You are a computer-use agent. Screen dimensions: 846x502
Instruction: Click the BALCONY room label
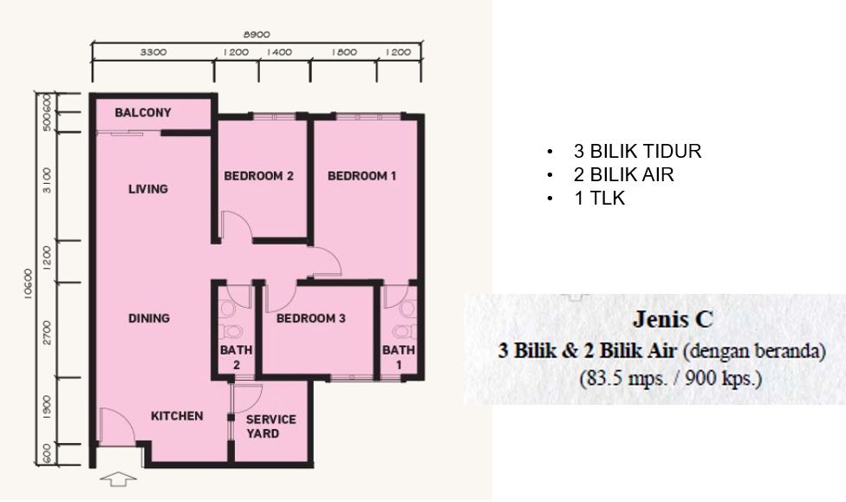coord(143,113)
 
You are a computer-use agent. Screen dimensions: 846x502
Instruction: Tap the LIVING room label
coord(148,189)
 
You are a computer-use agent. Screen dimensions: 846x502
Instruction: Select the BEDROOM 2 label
coord(258,176)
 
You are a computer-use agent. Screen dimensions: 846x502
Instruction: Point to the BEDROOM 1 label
coord(362,176)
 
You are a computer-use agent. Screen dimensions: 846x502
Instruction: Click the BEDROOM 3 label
coord(311,318)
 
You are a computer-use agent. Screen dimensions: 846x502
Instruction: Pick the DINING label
coord(149,318)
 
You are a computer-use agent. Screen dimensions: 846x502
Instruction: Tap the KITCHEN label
coord(177,416)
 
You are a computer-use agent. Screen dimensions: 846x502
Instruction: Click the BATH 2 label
coord(237,357)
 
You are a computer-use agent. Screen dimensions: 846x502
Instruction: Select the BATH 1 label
coord(399,357)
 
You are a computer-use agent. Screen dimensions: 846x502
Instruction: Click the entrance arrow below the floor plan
coord(118,479)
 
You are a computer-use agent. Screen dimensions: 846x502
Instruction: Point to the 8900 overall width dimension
coord(257,35)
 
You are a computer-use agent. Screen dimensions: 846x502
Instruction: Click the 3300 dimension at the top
coord(153,52)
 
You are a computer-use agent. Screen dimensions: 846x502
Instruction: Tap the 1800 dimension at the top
coord(344,52)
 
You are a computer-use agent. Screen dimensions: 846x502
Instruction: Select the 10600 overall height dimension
coord(29,284)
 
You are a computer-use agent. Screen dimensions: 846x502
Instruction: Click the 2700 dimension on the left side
coord(48,333)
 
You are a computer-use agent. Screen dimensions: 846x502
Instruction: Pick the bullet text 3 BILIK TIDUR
coord(638,151)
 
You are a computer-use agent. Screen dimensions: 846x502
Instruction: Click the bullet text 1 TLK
coord(600,199)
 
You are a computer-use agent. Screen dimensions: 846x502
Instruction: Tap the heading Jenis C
coord(673,319)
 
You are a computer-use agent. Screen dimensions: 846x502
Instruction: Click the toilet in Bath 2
coord(234,331)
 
